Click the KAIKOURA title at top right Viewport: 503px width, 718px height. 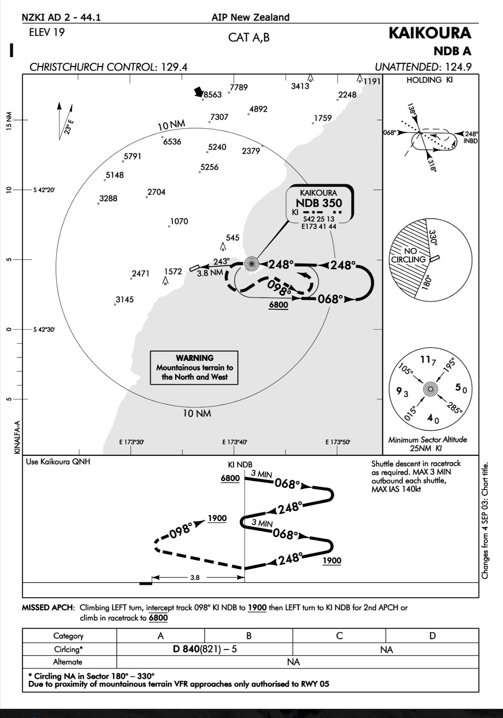coord(430,33)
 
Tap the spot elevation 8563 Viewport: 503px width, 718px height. coord(213,95)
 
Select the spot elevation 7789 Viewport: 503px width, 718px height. coord(238,88)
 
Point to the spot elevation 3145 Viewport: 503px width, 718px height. coord(124,300)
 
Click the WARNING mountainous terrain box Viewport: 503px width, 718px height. coord(194,368)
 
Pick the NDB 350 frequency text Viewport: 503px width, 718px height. coord(319,203)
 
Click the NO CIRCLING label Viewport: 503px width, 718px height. coord(408,255)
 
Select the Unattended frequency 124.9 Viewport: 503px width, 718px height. coord(456,67)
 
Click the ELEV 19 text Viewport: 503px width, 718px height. coord(47,32)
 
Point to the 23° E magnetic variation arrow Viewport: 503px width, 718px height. coord(66,121)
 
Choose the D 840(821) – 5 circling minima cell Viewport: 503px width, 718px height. coord(205,649)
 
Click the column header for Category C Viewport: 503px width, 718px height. coord(339,636)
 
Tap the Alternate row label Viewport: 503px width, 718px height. coord(68,662)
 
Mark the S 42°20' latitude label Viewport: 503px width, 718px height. coord(44,190)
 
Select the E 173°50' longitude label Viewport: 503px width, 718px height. coord(337,442)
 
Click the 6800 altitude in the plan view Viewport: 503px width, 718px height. coord(278,305)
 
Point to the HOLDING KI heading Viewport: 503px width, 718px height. coord(429,80)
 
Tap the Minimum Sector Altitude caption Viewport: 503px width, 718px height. coord(428,444)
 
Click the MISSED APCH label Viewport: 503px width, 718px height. coord(48,608)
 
